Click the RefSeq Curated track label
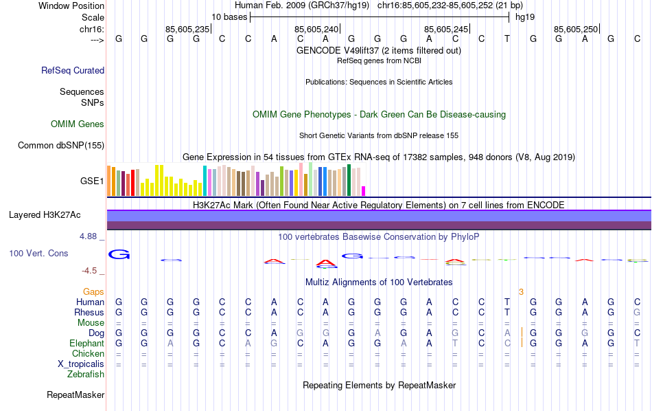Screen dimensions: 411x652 (x=73, y=70)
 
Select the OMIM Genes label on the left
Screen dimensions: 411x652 (x=78, y=124)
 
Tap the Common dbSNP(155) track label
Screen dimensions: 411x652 (x=61, y=145)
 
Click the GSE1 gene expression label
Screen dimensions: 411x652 (x=92, y=181)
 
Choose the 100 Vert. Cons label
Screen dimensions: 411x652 (x=38, y=254)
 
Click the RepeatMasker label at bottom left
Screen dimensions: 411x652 (x=75, y=395)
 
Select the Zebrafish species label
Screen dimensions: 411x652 (x=86, y=375)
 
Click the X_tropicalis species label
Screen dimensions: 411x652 (x=79, y=364)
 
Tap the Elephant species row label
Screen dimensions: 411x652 (x=86, y=343)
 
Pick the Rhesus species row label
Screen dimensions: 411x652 (x=89, y=312)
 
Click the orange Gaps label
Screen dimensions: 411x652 (x=93, y=292)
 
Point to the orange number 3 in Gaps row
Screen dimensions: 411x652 (x=521, y=292)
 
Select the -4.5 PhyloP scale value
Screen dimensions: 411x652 (x=91, y=271)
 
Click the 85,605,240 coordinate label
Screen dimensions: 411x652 (x=316, y=29)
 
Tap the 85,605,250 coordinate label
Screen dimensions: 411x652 (x=576, y=29)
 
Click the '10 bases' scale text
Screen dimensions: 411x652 (x=229, y=17)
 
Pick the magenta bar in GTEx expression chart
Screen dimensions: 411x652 (x=364, y=191)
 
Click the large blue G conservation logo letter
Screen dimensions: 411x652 (x=119, y=255)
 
